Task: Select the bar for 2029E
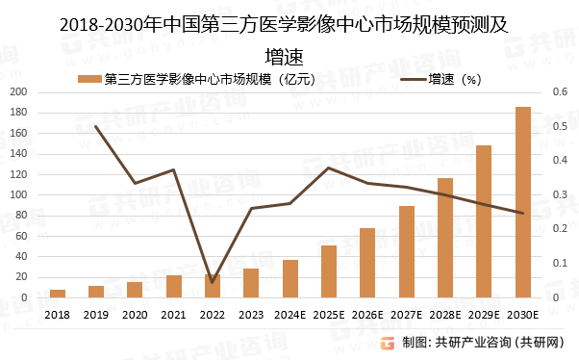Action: click(x=484, y=221)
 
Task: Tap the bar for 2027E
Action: click(x=406, y=251)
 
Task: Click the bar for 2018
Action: click(x=58, y=294)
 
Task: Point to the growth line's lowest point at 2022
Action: click(x=213, y=282)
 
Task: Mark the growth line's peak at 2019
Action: click(x=96, y=126)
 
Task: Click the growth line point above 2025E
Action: click(x=329, y=167)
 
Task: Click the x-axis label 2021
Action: click(x=174, y=315)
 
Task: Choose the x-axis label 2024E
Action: click(x=290, y=315)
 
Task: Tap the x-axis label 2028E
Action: click(x=445, y=315)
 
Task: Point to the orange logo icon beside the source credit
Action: click(x=389, y=343)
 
